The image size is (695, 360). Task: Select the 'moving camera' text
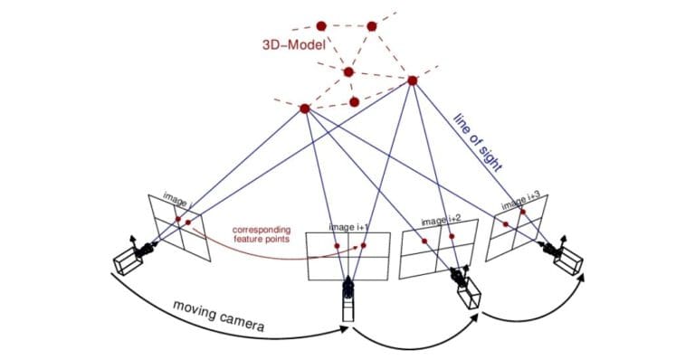[x=218, y=313]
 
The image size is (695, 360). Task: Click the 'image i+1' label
[x=348, y=227]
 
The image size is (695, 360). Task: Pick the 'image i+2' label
[x=443, y=220]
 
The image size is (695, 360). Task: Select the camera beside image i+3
[x=566, y=257]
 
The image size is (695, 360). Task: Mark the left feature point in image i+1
[x=336, y=247]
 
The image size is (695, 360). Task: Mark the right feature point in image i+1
[x=364, y=245]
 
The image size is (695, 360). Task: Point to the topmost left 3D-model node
[x=320, y=26]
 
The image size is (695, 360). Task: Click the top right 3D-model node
[x=372, y=26]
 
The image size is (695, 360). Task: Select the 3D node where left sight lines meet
[x=305, y=109]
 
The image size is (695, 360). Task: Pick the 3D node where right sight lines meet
[x=413, y=81]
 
